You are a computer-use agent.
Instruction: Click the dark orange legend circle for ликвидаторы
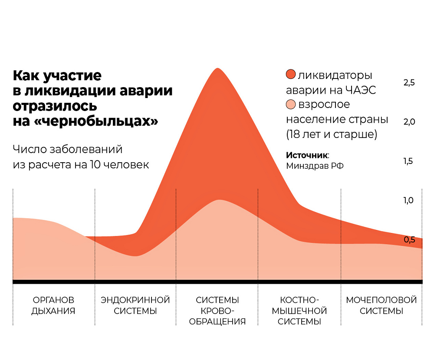pos(291,75)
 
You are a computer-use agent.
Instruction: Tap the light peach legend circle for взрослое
pos(291,105)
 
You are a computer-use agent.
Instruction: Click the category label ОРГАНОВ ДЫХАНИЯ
pos(53,305)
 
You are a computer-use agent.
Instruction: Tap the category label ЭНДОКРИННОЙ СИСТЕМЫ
pos(135,305)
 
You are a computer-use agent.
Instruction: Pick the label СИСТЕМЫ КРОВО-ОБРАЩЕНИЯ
pos(217,311)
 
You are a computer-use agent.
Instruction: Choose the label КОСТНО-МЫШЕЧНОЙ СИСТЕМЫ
pos(299,311)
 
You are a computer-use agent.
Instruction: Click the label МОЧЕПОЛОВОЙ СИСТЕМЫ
pos(381,305)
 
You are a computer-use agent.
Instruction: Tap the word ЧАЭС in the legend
pos(362,90)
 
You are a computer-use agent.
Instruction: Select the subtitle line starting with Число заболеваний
pos(67,150)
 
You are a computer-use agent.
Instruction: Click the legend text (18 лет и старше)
pos(332,134)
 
